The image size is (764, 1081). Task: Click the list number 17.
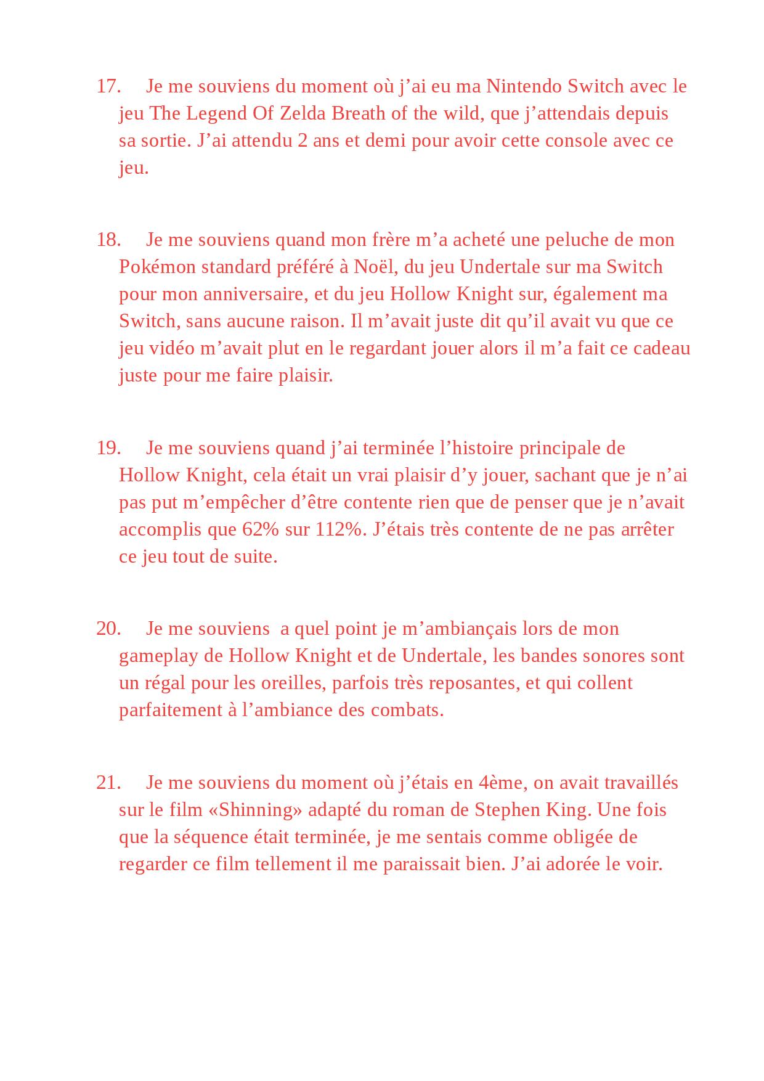(108, 86)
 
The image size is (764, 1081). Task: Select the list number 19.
(108, 448)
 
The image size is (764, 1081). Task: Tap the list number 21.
(108, 783)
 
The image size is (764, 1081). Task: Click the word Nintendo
(524, 86)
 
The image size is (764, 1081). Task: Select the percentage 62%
(263, 529)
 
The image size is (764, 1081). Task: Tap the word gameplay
(158, 656)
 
